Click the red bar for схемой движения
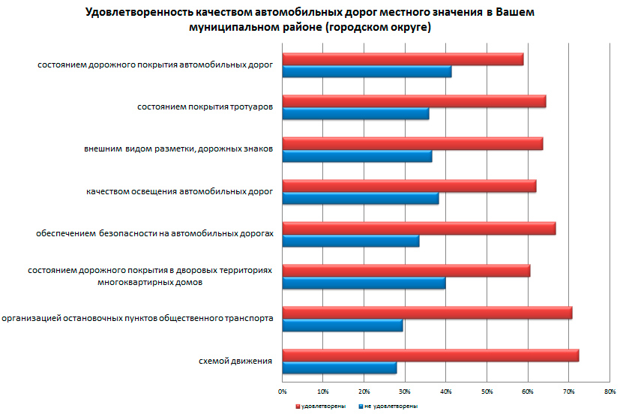point(430,355)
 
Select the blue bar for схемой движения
point(339,367)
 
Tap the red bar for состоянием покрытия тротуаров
point(414,101)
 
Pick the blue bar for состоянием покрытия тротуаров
point(355,114)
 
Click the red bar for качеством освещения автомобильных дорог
point(409,186)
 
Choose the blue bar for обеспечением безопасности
point(350,241)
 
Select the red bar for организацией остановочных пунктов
point(427,313)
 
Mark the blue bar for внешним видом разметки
point(357,156)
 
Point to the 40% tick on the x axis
point(445,391)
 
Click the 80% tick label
point(609,391)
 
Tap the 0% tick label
point(282,391)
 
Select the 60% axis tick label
point(527,391)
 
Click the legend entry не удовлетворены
point(391,406)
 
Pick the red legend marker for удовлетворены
point(297,406)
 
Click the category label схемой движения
point(235,361)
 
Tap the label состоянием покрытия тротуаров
point(204,107)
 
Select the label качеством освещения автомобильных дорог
point(179,192)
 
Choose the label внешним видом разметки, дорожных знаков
point(178,149)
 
